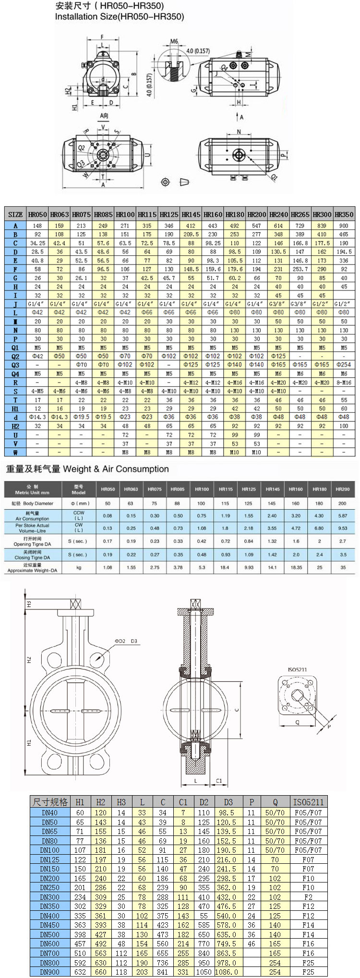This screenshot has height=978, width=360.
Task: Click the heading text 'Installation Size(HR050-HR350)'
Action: tap(119, 17)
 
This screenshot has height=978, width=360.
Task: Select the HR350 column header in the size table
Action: tap(344, 215)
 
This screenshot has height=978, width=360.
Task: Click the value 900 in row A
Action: tap(344, 226)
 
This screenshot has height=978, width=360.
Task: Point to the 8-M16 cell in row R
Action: tap(344, 382)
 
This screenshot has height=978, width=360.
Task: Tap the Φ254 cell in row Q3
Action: tap(344, 365)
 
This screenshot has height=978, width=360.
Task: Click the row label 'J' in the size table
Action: tap(15, 304)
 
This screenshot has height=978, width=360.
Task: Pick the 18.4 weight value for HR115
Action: tap(225, 567)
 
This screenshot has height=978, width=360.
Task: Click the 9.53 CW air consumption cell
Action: tap(342, 528)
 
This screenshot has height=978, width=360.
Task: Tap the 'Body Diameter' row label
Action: tap(33, 503)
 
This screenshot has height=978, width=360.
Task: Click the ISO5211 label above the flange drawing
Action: tap(297, 669)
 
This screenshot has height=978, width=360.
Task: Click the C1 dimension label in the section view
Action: tap(219, 781)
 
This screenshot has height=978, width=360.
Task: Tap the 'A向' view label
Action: tap(104, 116)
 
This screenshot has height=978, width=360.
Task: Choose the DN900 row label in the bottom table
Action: tap(49, 972)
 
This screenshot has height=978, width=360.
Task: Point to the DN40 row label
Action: tap(49, 812)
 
